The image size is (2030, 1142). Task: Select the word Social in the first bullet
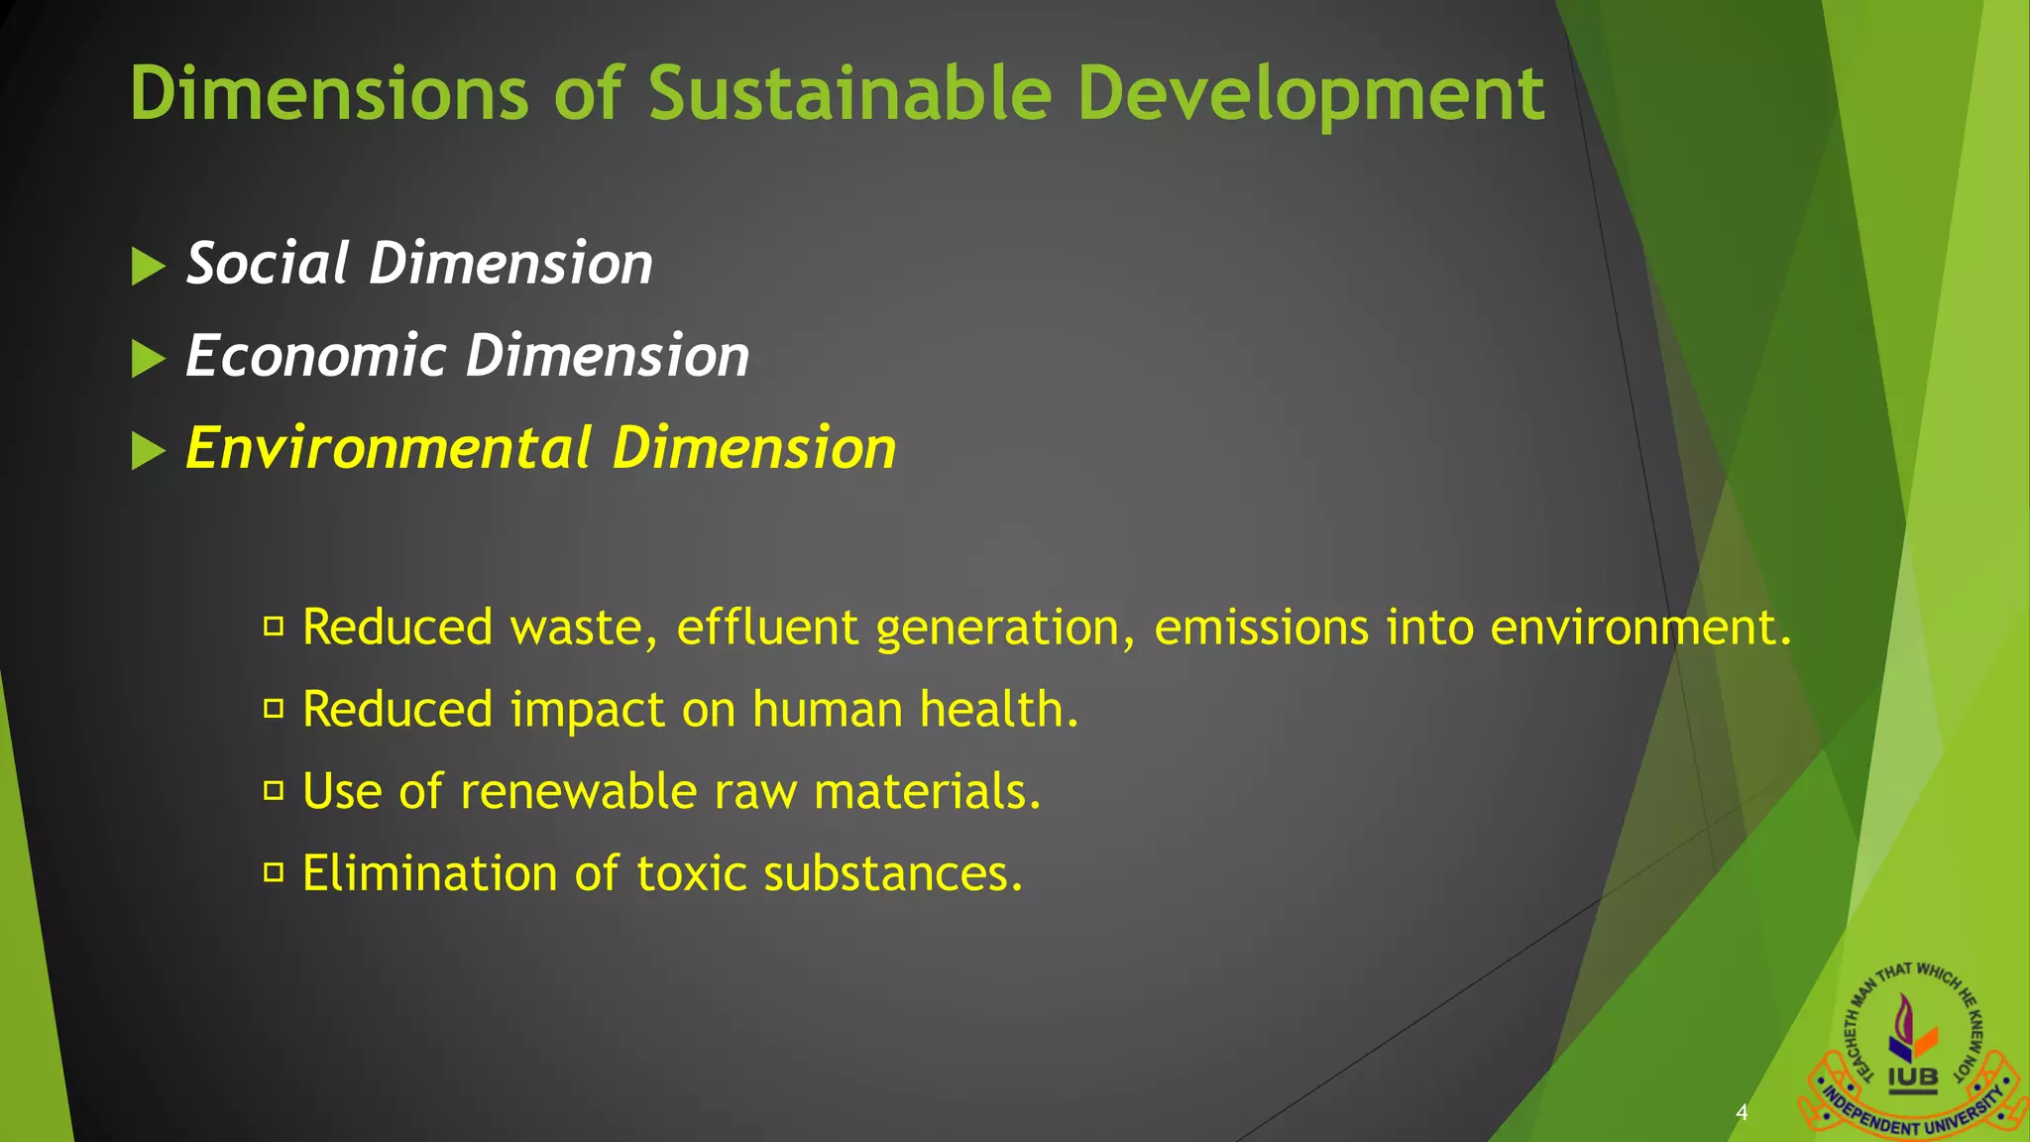click(x=267, y=264)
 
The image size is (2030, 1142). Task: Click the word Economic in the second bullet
click(x=315, y=356)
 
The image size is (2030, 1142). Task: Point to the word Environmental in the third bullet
click(x=389, y=448)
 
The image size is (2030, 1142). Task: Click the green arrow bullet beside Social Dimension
click(x=148, y=267)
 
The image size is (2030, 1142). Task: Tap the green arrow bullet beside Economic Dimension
click(x=148, y=359)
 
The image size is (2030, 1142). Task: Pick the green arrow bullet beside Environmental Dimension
click(x=148, y=451)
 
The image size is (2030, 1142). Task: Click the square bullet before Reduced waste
click(x=274, y=627)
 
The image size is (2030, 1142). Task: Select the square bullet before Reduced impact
click(x=274, y=709)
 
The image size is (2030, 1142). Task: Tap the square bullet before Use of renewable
click(x=274, y=791)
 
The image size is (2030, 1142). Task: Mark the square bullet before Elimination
click(x=274, y=873)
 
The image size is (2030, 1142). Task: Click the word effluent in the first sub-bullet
click(x=767, y=628)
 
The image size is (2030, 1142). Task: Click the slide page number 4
click(x=1742, y=1112)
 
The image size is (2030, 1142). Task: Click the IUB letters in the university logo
click(x=1912, y=1078)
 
